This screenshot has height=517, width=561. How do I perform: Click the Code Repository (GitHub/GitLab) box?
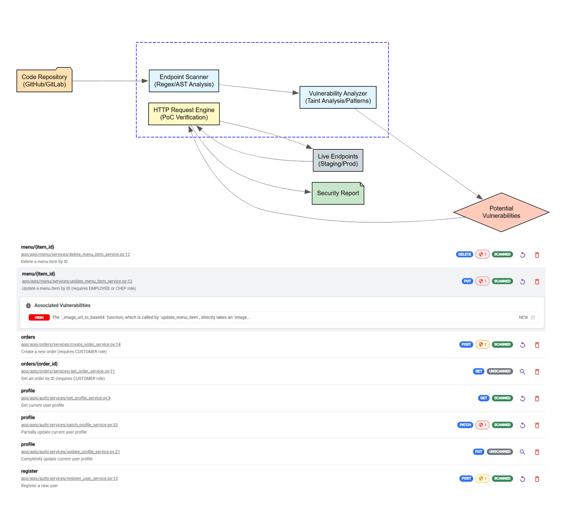click(44, 80)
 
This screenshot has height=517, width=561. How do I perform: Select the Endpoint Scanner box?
click(184, 81)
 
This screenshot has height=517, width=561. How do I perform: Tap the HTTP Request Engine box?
click(184, 114)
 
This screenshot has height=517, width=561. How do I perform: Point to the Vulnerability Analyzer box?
click(338, 97)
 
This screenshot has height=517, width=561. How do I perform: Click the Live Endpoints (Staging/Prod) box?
click(338, 160)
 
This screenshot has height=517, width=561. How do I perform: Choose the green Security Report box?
click(338, 193)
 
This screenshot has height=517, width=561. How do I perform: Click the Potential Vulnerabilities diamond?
click(501, 212)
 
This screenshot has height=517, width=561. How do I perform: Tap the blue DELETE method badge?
click(464, 254)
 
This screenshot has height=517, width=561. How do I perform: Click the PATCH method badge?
click(465, 425)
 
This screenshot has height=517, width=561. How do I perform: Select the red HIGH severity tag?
click(39, 317)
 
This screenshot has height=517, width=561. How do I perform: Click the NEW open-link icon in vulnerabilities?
click(533, 317)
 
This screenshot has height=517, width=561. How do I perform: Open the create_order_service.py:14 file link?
click(70, 344)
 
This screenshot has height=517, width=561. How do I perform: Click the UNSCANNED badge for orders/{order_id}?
click(500, 371)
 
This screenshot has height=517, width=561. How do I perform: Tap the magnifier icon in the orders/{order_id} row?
click(522, 371)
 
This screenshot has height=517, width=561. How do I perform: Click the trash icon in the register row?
click(536, 479)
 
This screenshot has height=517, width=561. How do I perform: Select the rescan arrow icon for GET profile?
click(522, 398)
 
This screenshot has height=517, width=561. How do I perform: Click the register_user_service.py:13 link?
click(69, 478)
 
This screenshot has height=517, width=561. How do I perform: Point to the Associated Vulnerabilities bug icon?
click(28, 305)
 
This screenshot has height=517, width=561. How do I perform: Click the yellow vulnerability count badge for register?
click(482, 478)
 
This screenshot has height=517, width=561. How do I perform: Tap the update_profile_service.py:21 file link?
click(70, 452)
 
